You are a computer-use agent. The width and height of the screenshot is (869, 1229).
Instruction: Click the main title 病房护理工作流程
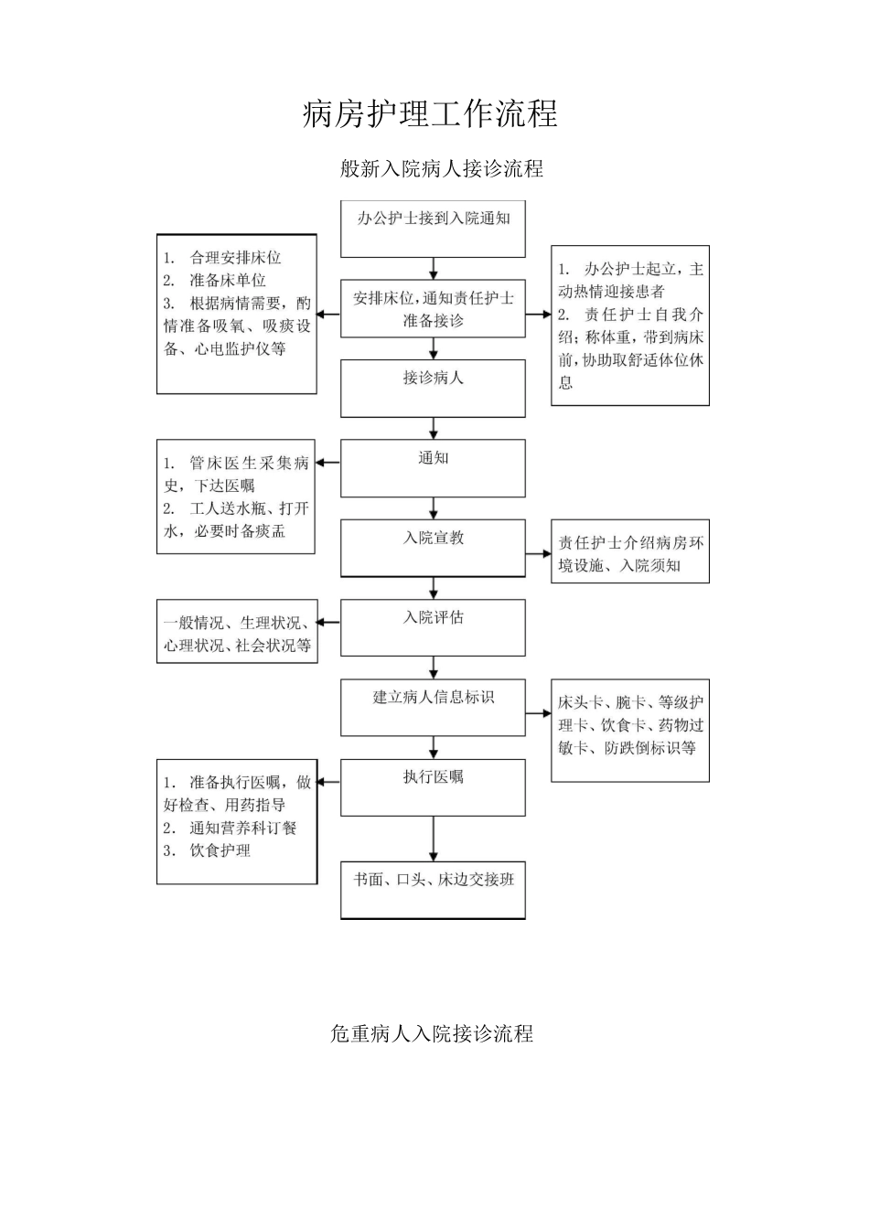(430, 114)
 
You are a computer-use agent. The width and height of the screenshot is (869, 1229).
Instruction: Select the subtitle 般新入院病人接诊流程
(442, 168)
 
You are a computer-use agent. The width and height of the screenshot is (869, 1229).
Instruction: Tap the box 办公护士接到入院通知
(433, 229)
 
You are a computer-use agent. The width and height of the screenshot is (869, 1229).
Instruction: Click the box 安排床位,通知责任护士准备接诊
(433, 309)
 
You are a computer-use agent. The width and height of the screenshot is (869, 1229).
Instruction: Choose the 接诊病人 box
(433, 388)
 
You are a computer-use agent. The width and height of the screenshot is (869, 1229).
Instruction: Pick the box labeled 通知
(433, 468)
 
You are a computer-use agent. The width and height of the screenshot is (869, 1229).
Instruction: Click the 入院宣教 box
(433, 548)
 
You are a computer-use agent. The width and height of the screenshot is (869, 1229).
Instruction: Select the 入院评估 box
(433, 627)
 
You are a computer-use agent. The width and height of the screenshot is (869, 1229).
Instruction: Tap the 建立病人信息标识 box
(433, 707)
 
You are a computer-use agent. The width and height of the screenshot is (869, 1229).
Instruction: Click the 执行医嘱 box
(433, 787)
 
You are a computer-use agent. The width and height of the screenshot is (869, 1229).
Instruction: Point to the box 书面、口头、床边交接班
(433, 890)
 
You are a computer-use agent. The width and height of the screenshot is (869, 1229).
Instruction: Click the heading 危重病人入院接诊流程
(431, 1034)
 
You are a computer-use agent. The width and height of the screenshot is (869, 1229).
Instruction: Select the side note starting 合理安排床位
(237, 314)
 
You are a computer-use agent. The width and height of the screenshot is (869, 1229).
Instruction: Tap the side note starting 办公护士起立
(630, 326)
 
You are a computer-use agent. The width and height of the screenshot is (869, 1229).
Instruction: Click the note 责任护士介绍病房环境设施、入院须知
(630, 554)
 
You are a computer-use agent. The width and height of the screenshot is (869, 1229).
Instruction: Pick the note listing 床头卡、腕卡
(630, 730)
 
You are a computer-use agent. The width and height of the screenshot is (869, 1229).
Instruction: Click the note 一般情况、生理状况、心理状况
(237, 634)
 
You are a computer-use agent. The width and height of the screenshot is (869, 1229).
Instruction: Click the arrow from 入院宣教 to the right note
(538, 554)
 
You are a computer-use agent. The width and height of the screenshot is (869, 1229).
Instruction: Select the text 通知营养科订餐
(242, 828)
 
